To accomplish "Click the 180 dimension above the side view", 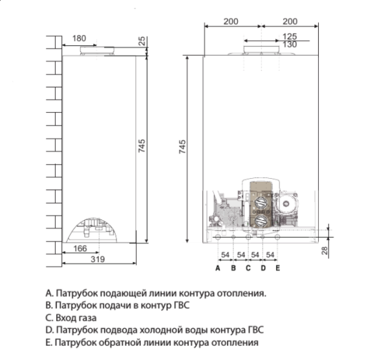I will [x=79, y=39].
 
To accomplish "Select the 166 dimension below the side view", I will [x=80, y=249].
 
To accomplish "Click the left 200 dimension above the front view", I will [x=231, y=21].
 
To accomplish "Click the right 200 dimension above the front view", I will [x=289, y=21].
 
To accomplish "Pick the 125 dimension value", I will [x=290, y=36].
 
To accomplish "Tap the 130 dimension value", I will [x=290, y=45].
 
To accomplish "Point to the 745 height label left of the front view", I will [x=182, y=146].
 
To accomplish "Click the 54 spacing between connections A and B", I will [x=225, y=255].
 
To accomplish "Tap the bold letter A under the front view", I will [x=218, y=267].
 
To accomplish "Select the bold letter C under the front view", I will [x=248, y=267].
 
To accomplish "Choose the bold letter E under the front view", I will [x=277, y=267].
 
